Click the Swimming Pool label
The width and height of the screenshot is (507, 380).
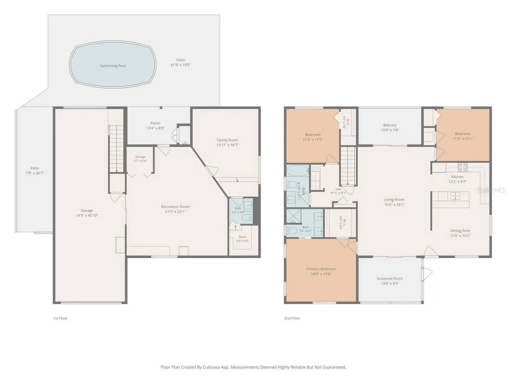(x=112, y=66)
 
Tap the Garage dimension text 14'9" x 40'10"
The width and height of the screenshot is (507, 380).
(x=87, y=215)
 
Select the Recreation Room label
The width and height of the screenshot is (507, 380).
(x=175, y=206)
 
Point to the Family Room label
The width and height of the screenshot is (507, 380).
(x=227, y=140)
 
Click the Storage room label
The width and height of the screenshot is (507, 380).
(x=140, y=157)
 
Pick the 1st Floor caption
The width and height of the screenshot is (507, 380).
(x=60, y=318)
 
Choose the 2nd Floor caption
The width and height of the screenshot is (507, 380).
(x=292, y=318)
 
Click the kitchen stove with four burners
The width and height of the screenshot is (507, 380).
(x=462, y=167)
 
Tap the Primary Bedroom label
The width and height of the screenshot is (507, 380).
(x=321, y=269)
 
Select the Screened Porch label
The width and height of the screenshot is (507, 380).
(x=390, y=278)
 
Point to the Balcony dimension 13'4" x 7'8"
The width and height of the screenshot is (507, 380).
(x=390, y=130)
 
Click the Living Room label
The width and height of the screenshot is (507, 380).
(x=394, y=199)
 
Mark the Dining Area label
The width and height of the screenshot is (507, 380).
(x=460, y=231)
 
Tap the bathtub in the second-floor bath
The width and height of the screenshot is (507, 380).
(x=298, y=171)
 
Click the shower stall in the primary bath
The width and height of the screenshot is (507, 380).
(x=294, y=216)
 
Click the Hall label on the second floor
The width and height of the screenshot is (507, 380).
(x=338, y=189)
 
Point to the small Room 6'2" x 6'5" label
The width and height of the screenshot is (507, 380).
(x=242, y=237)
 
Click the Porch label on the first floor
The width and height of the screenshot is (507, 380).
(x=155, y=123)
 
